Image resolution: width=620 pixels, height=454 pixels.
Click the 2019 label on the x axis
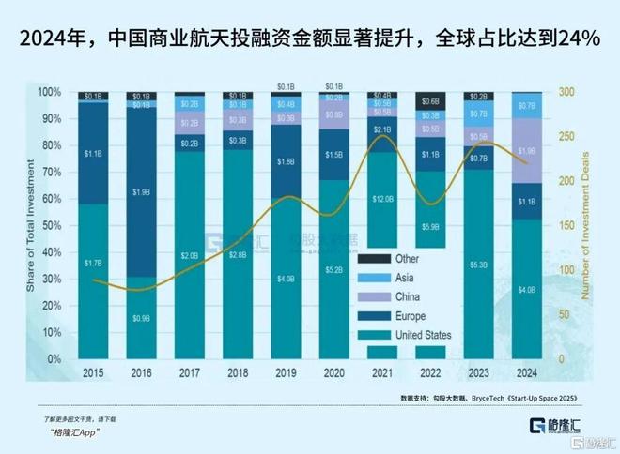[x=286, y=371]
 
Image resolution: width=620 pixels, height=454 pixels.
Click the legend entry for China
[x=388, y=296]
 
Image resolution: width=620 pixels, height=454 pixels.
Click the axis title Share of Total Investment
[x=31, y=225]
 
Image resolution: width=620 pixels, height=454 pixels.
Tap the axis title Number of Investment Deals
[x=587, y=225]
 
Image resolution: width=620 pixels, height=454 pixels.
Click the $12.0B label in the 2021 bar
[x=382, y=199]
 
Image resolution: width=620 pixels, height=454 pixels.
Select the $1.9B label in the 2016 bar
[x=141, y=192]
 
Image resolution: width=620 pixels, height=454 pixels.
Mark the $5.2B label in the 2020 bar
[x=333, y=270]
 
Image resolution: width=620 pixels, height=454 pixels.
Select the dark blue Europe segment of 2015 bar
[x=92, y=153]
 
